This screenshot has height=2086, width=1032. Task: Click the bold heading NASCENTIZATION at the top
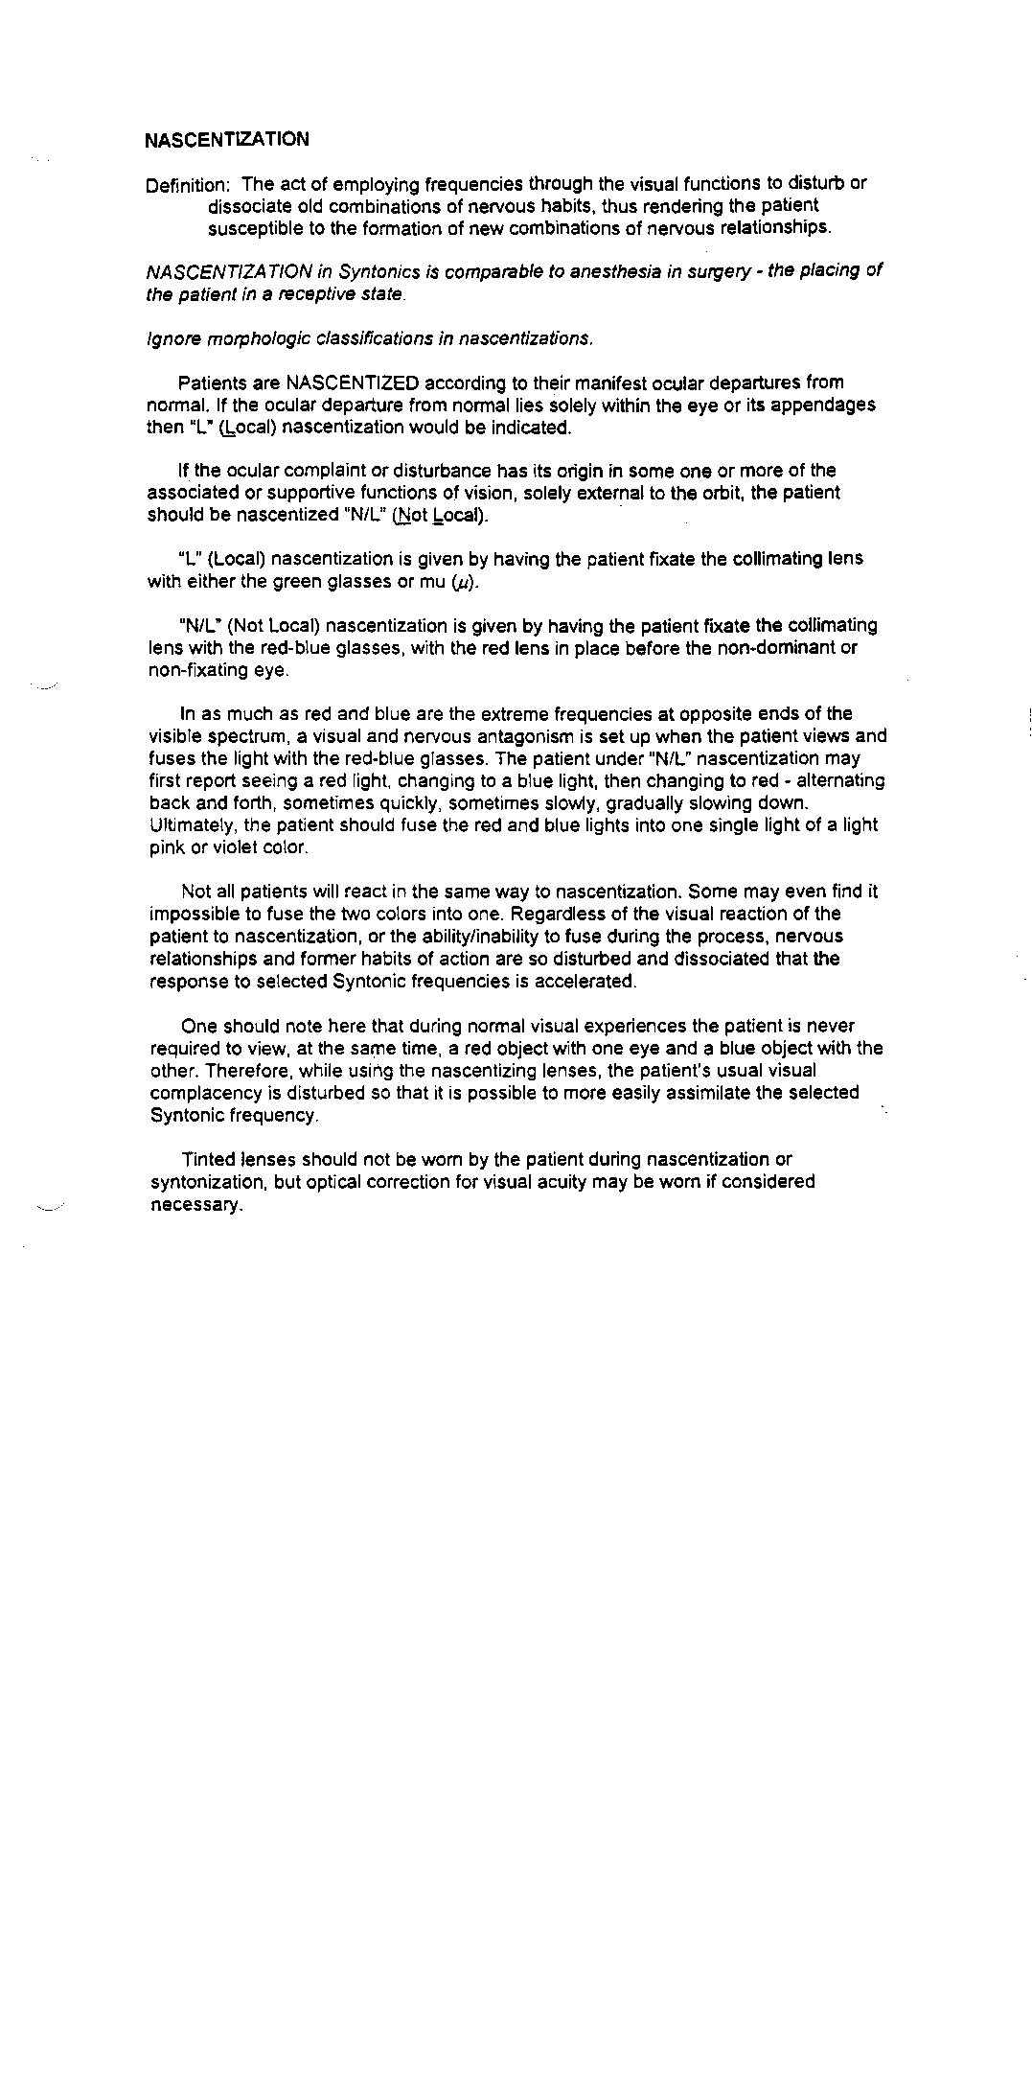click(227, 140)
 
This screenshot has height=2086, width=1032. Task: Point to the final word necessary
click(195, 1205)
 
